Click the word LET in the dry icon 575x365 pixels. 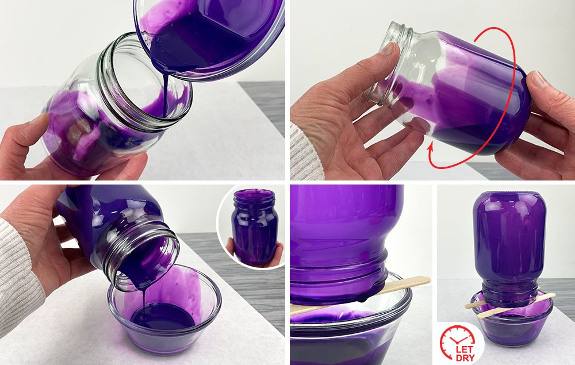(464, 349)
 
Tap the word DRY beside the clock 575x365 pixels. (465, 358)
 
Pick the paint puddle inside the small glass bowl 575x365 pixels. (163, 316)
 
